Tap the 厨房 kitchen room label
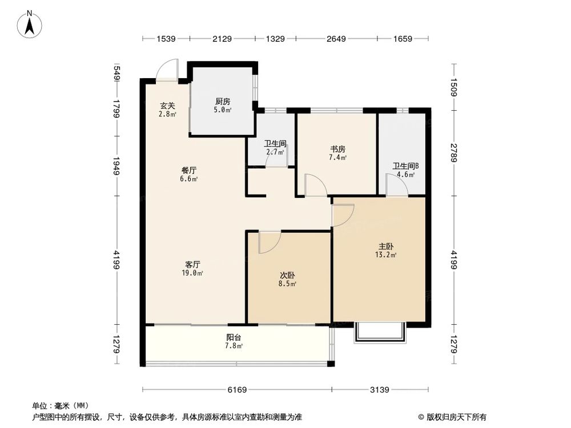[x=222, y=102]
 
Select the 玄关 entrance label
[x=167, y=106]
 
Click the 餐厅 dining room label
[x=189, y=170]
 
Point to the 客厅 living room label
[x=193, y=264]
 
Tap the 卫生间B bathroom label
[x=405, y=167]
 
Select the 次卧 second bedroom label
[x=287, y=274]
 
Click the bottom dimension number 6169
[x=236, y=390]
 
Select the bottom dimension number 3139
[x=379, y=390]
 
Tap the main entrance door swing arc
[x=167, y=68]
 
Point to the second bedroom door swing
[x=268, y=243]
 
